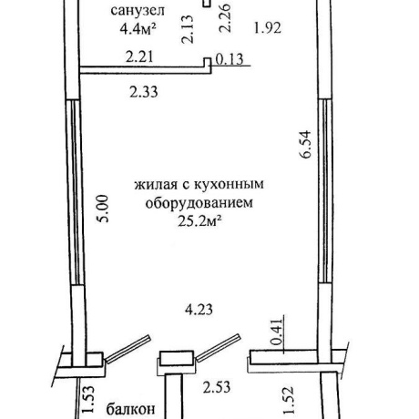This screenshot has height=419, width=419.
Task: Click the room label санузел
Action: click(138, 11)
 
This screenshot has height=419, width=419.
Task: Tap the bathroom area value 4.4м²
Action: click(138, 28)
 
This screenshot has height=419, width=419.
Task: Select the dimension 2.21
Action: click(139, 56)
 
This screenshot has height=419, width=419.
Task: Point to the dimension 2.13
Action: click(187, 29)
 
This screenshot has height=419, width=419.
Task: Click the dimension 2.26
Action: click(226, 18)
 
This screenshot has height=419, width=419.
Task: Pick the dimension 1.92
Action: click(268, 28)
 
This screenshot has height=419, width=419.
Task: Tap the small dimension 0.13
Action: click(230, 59)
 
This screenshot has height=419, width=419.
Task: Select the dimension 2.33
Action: click(144, 92)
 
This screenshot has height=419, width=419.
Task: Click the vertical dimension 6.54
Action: click(305, 144)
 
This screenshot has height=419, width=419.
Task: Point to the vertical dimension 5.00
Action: click(102, 209)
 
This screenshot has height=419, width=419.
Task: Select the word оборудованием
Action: click(199, 203)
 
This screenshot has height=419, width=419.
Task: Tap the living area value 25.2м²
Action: click(199, 221)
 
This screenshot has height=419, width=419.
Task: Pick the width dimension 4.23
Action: click(199, 310)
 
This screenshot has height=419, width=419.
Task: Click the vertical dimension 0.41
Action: click(277, 332)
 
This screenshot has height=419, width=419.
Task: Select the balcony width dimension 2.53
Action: click(217, 387)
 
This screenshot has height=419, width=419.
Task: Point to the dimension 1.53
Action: click(88, 400)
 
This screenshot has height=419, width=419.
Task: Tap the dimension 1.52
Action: click(289, 400)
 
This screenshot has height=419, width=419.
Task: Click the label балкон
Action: click(130, 409)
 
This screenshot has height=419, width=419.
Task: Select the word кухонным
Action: click(229, 185)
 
